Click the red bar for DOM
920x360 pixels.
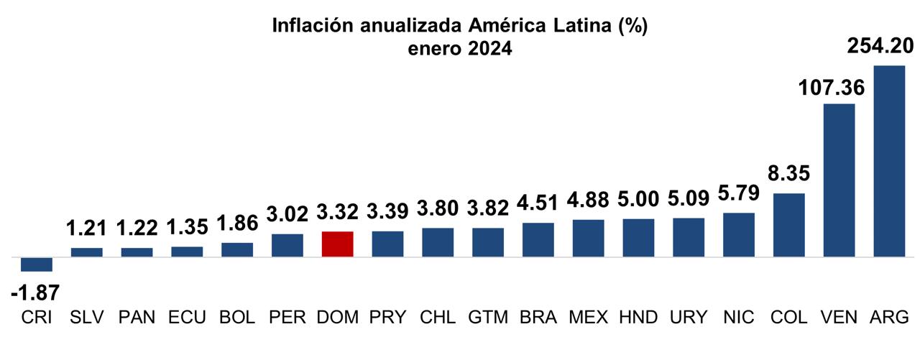coord(337,244)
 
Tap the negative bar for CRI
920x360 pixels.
coord(37,264)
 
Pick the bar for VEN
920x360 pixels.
coord(839,180)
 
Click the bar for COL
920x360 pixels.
coord(788,225)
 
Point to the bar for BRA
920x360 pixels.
coord(538,239)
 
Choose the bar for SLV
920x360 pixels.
coord(86,252)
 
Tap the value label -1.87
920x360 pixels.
coord(35,293)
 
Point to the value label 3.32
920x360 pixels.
coord(337,213)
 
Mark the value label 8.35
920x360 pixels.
coord(788,175)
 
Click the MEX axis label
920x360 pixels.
coord(588,317)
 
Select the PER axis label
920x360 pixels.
coord(287,317)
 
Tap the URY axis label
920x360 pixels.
coord(689,317)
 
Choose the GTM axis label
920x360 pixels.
coord(487,317)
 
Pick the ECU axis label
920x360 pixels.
coord(187,317)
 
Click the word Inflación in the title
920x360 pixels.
coord(310,27)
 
